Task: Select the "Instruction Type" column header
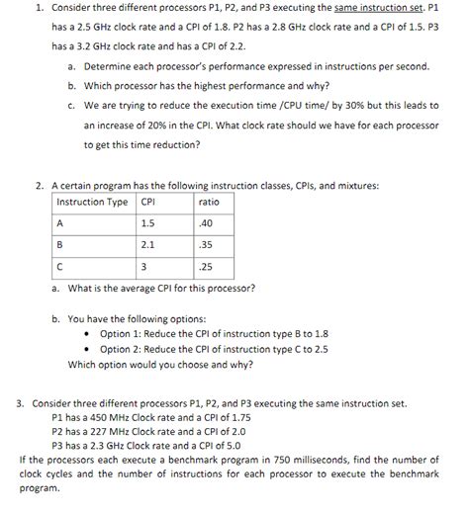click(x=91, y=202)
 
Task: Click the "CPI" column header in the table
click(x=148, y=202)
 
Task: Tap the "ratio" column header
click(x=209, y=202)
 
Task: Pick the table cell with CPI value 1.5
click(x=148, y=222)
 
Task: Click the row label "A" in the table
click(x=60, y=222)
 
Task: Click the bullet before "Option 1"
click(x=90, y=335)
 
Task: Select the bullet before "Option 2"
click(x=90, y=349)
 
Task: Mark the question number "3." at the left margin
click(x=22, y=404)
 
